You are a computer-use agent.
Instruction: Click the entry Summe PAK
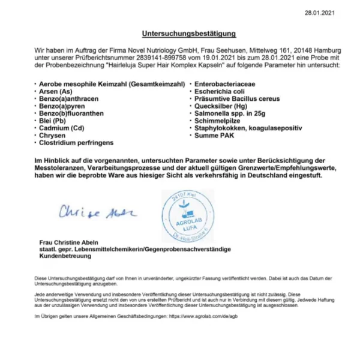click(x=214, y=136)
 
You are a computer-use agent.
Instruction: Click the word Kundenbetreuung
click(x=65, y=256)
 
